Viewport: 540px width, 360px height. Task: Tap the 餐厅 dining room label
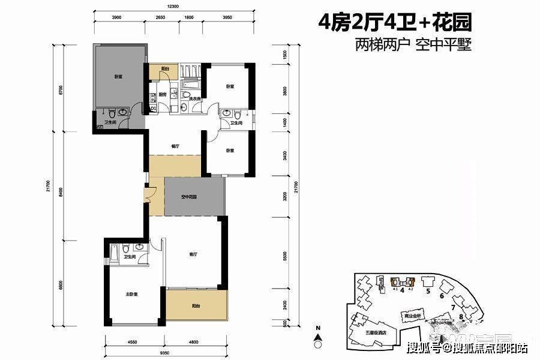click(176, 145)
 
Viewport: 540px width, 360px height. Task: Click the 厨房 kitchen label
click(162, 95)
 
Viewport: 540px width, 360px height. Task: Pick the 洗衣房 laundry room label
click(194, 83)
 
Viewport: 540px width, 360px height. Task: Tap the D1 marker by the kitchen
click(154, 109)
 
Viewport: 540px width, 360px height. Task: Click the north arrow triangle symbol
click(319, 335)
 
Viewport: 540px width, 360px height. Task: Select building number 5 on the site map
click(428, 292)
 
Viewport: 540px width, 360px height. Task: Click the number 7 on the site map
click(452, 307)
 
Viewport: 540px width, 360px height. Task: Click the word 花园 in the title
click(455, 23)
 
